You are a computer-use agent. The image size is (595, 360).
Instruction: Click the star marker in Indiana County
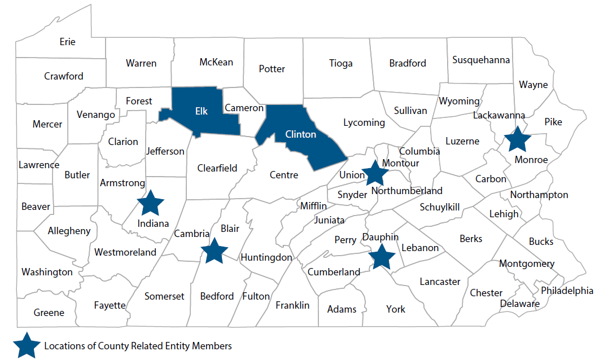coord(151,203)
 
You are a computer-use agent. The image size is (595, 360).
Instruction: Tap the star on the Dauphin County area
coord(382,256)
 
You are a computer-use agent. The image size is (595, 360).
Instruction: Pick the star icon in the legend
coord(27,345)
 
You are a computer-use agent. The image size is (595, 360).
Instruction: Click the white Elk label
coord(202,111)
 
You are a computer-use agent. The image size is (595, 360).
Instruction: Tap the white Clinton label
coord(300,134)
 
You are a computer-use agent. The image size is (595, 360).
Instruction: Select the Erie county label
coord(67,42)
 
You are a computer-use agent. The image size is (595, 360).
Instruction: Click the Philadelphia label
coord(567,291)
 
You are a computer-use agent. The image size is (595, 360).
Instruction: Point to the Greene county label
coord(49,313)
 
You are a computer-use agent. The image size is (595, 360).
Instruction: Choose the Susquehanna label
coord(481,60)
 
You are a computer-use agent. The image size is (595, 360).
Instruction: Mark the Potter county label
coord(272,69)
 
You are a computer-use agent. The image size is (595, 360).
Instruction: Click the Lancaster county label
coord(440,282)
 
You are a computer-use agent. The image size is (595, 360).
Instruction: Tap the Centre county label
coord(284,175)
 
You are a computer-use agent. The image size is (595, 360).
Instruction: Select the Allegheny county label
coord(69,231)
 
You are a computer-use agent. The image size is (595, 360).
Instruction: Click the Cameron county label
coord(244,107)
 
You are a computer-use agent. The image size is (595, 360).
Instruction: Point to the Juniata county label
coord(330,220)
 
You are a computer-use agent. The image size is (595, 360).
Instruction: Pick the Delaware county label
coord(519,304)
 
